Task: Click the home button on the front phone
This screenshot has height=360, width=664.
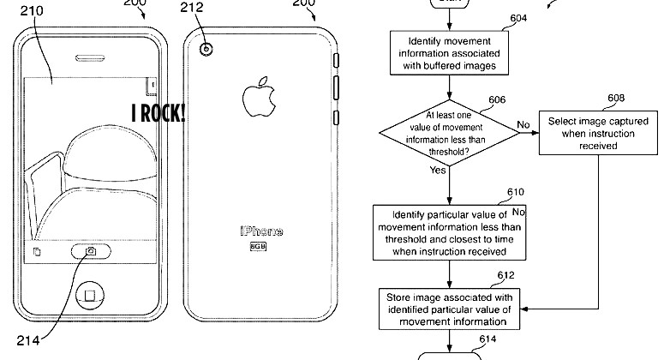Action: [88, 296]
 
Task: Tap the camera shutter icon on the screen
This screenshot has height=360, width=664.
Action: [90, 252]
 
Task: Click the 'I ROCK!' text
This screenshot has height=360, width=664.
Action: [159, 112]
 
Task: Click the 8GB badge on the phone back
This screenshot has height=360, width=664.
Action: [257, 247]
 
